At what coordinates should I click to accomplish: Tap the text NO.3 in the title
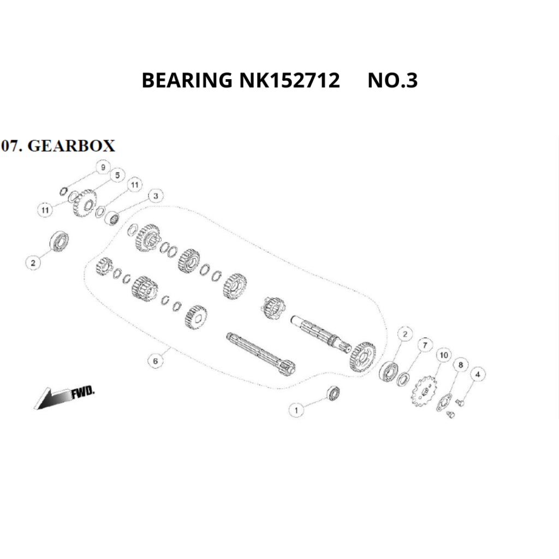coord(393,81)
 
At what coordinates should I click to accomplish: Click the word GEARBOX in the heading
coord(71,146)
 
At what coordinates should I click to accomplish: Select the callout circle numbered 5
coord(116,175)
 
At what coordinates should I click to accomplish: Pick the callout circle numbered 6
coord(156,361)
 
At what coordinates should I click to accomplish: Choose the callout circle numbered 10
coord(443,355)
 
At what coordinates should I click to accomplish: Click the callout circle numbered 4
coord(478,374)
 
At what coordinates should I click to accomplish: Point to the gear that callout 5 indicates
coord(85,203)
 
